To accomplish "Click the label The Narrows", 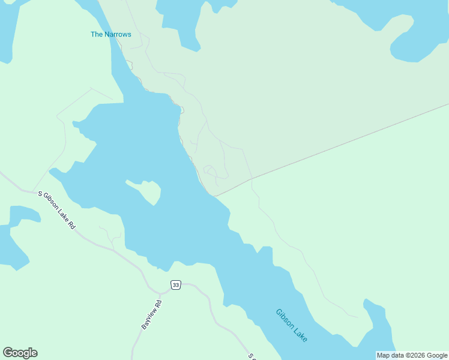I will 110,34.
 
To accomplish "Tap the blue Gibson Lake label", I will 292,325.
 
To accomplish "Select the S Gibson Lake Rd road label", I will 56,210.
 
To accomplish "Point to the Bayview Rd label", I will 151,314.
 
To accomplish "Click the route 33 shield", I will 175,284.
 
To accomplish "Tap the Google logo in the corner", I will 20,353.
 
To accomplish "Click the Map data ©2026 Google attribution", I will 412,355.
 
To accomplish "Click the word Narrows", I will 118,34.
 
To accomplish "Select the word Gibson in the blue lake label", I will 285,319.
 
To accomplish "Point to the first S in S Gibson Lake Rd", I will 41,194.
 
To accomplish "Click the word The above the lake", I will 97,34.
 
